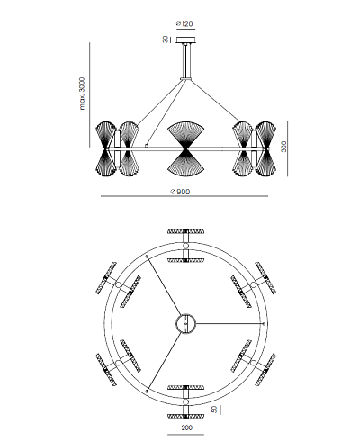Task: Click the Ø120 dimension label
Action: point(184,23)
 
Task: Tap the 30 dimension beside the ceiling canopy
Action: point(166,40)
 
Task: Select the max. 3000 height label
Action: point(82,94)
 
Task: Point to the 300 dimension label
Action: point(283,147)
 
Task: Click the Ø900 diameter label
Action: point(180,192)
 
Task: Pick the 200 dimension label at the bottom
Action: point(186,427)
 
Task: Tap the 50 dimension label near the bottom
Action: point(214,409)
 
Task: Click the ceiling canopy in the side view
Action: point(185,40)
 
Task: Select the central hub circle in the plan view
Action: point(185,324)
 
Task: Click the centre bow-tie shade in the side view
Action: point(186,148)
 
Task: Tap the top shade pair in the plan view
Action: point(186,246)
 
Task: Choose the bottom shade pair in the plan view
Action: point(186,401)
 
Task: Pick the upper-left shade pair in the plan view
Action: point(119,284)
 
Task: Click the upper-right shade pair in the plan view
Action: point(254,284)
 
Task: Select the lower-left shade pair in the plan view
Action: point(119,363)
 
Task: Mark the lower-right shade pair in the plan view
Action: point(254,363)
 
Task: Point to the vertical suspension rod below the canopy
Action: point(185,61)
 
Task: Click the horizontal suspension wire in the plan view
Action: point(229,324)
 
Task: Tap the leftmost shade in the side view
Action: point(106,148)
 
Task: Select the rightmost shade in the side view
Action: point(265,148)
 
